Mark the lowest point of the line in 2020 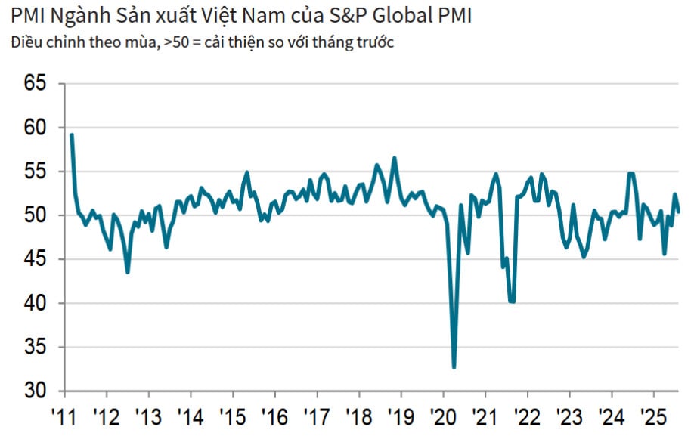[x=454, y=367]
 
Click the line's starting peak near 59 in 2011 [x=71, y=135]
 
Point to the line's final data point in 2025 [x=677, y=212]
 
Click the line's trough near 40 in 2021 [x=512, y=301]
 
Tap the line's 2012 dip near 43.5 [x=127, y=272]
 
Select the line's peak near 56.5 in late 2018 [x=394, y=158]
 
